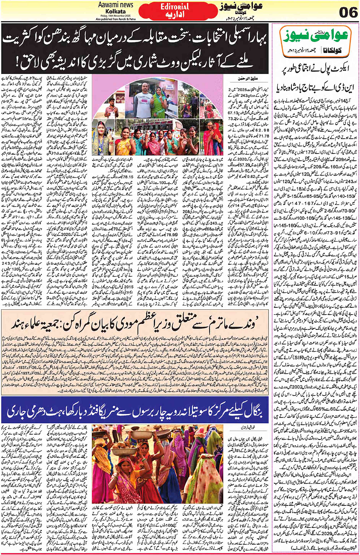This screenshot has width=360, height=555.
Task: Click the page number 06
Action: tap(348, 12)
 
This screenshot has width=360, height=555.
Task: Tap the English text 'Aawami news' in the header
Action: tap(115, 5)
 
